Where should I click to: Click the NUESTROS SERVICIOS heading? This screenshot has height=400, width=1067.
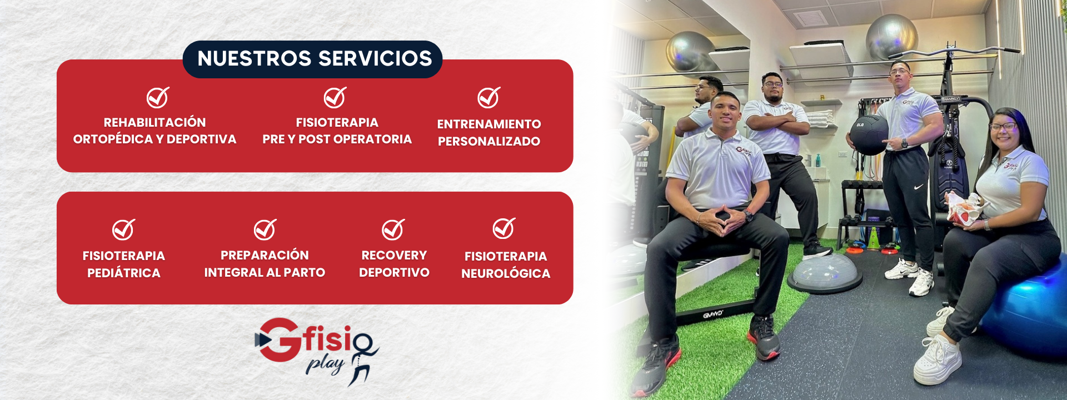pyautogui.click(x=315, y=58)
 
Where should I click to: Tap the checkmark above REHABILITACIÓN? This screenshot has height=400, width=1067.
pyautogui.click(x=158, y=98)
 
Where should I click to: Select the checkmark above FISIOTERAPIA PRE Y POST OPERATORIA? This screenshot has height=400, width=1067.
pyautogui.click(x=335, y=98)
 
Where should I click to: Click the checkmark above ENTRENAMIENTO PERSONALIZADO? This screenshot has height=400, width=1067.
pyautogui.click(x=489, y=98)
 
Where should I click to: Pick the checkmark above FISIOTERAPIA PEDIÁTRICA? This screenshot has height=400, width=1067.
pyautogui.click(x=123, y=229)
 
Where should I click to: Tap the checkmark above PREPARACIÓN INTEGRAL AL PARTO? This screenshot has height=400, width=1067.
pyautogui.click(x=265, y=229)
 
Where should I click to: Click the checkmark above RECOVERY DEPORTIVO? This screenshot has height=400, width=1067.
pyautogui.click(x=393, y=229)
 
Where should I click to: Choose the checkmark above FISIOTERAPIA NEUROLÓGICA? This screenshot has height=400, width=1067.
pyautogui.click(x=504, y=228)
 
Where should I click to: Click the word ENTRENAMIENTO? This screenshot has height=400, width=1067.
pyautogui.click(x=489, y=124)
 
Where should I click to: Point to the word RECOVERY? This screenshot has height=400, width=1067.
pyautogui.click(x=394, y=256)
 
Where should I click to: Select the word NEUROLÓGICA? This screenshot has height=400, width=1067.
pyautogui.click(x=506, y=273)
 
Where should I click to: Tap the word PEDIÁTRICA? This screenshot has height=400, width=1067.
pyautogui.click(x=124, y=273)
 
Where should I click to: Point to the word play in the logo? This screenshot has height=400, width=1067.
pyautogui.click(x=326, y=365)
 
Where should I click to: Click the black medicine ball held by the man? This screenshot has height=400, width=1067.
pyautogui.click(x=869, y=135)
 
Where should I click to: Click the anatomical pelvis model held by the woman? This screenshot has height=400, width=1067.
pyautogui.click(x=966, y=209)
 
